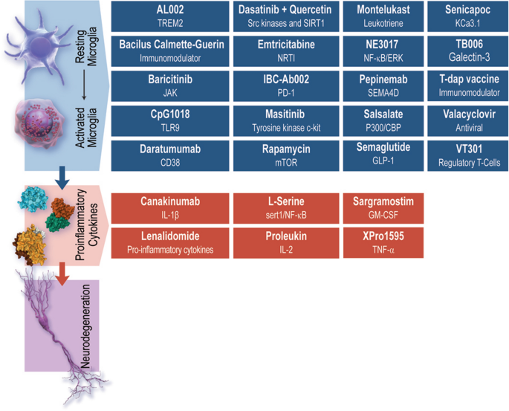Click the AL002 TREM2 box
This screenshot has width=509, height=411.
(x=170, y=16)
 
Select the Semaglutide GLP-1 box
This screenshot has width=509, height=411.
(x=383, y=156)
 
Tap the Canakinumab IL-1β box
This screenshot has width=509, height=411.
(x=170, y=208)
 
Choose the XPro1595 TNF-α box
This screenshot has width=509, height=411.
(x=383, y=243)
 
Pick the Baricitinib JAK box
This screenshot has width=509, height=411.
(x=170, y=86)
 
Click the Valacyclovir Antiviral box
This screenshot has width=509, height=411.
(x=468, y=120)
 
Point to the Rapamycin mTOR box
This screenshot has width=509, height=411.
(x=286, y=156)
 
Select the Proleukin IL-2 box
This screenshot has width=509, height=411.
(x=286, y=243)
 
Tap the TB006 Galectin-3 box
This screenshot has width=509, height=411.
(x=468, y=51)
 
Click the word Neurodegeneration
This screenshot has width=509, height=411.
(x=85, y=326)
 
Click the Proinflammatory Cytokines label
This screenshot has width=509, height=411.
(x=86, y=224)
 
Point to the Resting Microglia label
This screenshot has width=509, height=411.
(x=86, y=46)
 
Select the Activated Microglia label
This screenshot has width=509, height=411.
(x=86, y=128)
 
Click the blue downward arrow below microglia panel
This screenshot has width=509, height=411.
(x=62, y=178)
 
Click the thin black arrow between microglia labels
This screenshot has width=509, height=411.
(x=85, y=85)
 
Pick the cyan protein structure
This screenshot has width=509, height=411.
(x=33, y=198)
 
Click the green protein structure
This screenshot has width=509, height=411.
(x=57, y=223)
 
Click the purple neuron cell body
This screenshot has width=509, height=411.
(x=44, y=322)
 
